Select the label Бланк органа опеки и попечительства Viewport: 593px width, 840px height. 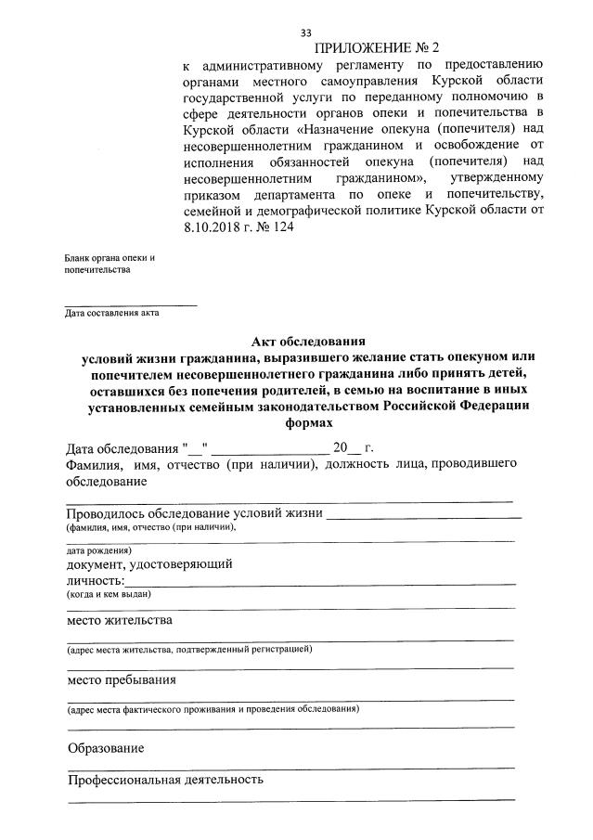(x=110, y=264)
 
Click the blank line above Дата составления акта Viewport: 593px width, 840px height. (x=131, y=304)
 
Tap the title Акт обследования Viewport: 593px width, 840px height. (x=307, y=341)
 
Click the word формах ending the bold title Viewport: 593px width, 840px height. (x=307, y=420)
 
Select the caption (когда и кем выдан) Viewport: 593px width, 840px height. (x=108, y=594)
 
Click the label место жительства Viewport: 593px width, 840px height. (x=119, y=620)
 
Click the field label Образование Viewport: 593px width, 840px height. (x=106, y=748)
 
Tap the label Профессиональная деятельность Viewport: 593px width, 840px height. (x=165, y=780)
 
